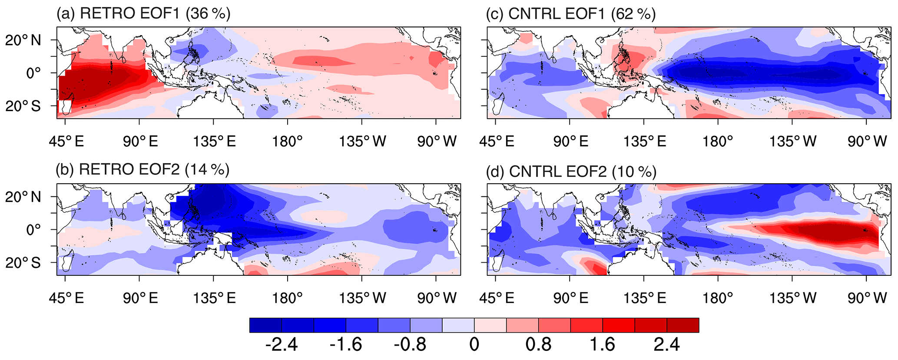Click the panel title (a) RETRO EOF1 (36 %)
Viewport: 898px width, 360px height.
(x=143, y=13)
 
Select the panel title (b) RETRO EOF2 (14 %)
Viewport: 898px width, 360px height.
(x=142, y=169)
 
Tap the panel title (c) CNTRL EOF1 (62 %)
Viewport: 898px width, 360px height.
(x=571, y=14)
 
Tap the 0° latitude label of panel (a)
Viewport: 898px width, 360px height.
(x=33, y=73)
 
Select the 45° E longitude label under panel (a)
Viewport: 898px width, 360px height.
(x=66, y=141)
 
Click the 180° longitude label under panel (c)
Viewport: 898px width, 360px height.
(x=718, y=141)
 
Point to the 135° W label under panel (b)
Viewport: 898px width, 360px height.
(x=362, y=298)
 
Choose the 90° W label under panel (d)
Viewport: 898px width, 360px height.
(x=867, y=298)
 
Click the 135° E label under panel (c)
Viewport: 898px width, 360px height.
(x=645, y=141)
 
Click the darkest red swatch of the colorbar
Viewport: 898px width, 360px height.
(x=683, y=325)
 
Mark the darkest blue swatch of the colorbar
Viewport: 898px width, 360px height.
(x=266, y=325)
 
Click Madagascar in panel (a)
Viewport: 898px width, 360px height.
(x=66, y=106)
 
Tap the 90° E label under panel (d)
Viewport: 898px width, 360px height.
(x=571, y=298)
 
